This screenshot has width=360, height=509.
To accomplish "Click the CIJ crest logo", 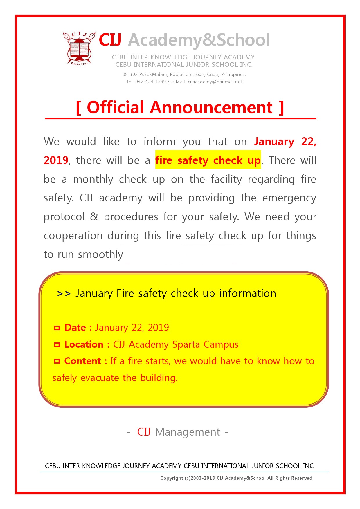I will [x=79, y=48].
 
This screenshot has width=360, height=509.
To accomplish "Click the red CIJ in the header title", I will [x=110, y=40].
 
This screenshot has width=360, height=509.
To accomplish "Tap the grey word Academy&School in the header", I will [x=199, y=40].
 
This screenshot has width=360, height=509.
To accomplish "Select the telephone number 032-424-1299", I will [x=150, y=82].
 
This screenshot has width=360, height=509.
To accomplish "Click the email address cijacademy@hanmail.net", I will [x=215, y=82].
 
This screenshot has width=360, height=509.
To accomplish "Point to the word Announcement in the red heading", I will [x=211, y=107].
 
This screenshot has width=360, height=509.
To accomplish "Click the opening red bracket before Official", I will [x=78, y=108].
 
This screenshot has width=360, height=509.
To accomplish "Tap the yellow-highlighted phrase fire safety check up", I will [x=208, y=160].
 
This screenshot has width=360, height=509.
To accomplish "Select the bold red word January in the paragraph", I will [x=274, y=142].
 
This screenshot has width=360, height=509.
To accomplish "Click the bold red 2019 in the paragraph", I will [x=56, y=160].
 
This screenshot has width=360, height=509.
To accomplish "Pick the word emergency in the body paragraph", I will [x=289, y=198].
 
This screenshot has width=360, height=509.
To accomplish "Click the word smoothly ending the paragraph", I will [x=101, y=255].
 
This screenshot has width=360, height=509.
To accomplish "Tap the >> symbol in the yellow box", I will [x=64, y=294].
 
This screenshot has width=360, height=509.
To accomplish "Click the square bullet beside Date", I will [x=57, y=328].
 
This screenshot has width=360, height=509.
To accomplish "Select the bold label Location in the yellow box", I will [x=84, y=344].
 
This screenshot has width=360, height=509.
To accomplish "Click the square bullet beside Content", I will [x=57, y=361].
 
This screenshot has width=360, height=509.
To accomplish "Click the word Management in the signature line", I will [x=188, y=432].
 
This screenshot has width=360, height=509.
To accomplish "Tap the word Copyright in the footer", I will [x=172, y=478].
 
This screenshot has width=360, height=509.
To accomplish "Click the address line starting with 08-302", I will [x=184, y=75].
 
